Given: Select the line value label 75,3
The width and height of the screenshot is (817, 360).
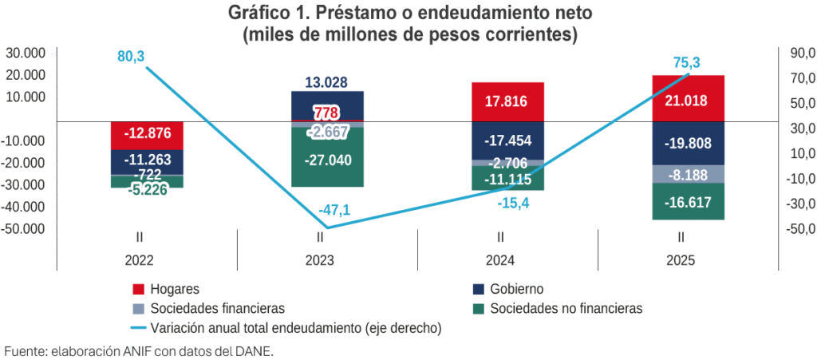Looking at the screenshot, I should (681, 63).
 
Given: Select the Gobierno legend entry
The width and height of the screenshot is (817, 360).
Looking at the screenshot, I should (517, 288).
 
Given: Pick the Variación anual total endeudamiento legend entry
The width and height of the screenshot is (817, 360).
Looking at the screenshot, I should (295, 327).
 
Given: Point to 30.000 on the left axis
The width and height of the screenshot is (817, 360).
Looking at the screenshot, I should (26, 53).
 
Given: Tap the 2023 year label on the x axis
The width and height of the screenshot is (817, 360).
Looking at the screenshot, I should (319, 260).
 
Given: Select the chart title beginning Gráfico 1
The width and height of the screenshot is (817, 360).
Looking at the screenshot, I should (409, 14).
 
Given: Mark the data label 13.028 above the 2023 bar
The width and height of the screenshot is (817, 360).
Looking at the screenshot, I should (326, 82).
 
